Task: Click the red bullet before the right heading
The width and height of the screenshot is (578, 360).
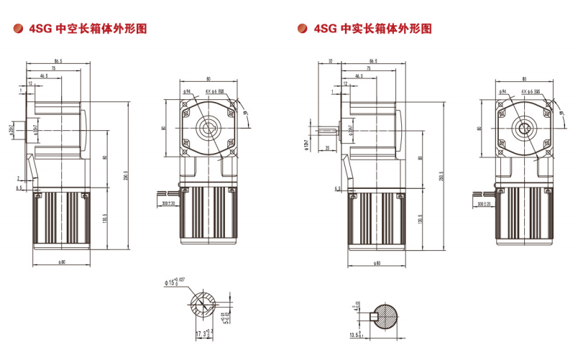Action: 302,29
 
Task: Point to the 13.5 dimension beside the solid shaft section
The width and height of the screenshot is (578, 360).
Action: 353,335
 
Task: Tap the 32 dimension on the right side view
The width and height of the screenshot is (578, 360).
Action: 330,62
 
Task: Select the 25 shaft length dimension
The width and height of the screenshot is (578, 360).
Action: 328,148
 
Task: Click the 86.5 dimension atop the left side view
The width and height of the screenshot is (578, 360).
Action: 58,62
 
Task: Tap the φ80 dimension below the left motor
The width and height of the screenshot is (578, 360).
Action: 60,262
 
